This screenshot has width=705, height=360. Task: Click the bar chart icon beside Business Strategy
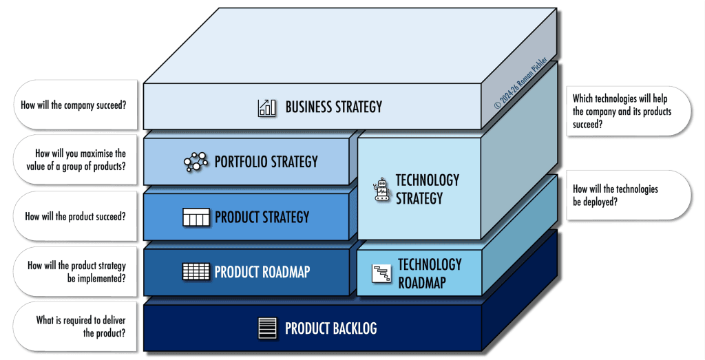pyautogui.click(x=266, y=107)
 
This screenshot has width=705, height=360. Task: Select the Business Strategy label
pyautogui.click(x=333, y=107)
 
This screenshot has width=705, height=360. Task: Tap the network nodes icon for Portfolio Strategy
pyautogui.click(x=195, y=162)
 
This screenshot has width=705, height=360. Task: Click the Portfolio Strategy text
pyautogui.click(x=266, y=162)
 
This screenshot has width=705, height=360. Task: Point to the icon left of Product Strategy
pyautogui.click(x=195, y=218)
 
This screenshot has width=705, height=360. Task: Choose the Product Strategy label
pyautogui.click(x=262, y=218)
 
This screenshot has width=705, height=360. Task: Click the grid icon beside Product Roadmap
pyautogui.click(x=195, y=271)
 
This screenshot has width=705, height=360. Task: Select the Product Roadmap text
pyautogui.click(x=262, y=271)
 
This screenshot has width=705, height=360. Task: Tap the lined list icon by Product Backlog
pyautogui.click(x=266, y=328)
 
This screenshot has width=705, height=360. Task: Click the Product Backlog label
pyautogui.click(x=330, y=328)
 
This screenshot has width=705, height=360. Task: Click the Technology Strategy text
pyautogui.click(x=427, y=189)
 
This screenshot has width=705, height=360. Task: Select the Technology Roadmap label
pyautogui.click(x=429, y=273)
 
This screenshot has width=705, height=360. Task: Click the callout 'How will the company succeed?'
pyautogui.click(x=76, y=105)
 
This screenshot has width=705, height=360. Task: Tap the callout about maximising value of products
pyautogui.click(x=76, y=160)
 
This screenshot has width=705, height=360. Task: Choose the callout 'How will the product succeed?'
pyautogui.click(x=76, y=216)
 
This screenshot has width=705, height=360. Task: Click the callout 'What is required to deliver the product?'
pyautogui.click(x=76, y=326)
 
